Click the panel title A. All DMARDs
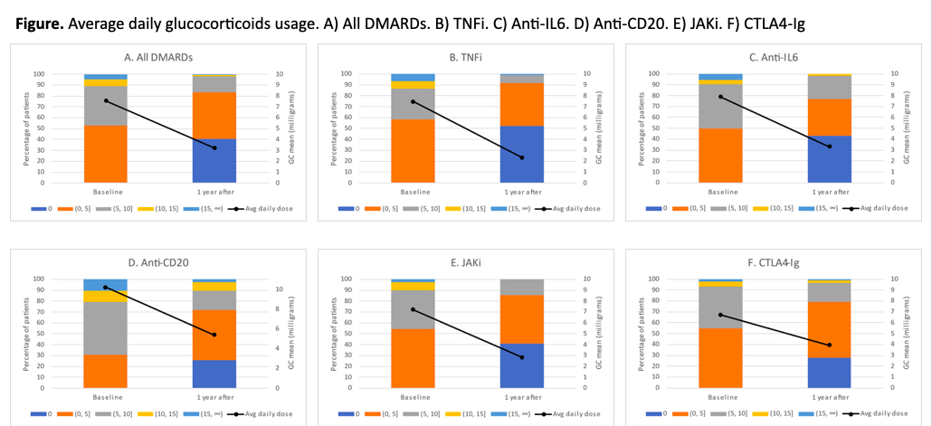pyautogui.click(x=157, y=58)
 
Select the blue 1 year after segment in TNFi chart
pyautogui.click(x=522, y=155)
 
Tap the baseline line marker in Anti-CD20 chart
pyautogui.click(x=105, y=287)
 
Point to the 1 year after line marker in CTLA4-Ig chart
pyautogui.click(x=829, y=346)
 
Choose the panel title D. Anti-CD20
pyautogui.click(x=157, y=263)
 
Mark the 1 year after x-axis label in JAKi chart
pyautogui.click(x=522, y=397)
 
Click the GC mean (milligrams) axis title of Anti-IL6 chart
pyautogui.click(x=906, y=128)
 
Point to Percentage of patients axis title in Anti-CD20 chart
pyautogui.click(x=26, y=334)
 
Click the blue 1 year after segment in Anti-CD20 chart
pyautogui.click(x=214, y=374)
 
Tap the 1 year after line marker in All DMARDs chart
pyautogui.click(x=214, y=148)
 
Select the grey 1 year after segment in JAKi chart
pyautogui.click(x=522, y=287)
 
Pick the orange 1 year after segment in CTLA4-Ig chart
pyautogui.click(x=829, y=330)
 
